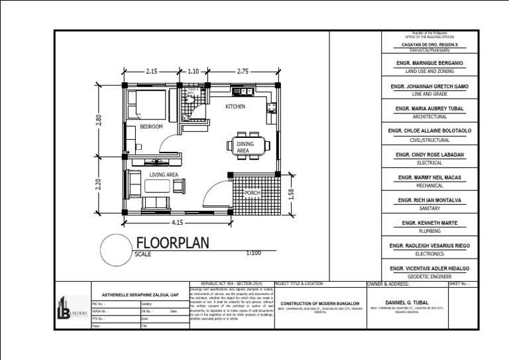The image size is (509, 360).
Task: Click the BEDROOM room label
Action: [x=151, y=126]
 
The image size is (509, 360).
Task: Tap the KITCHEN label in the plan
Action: [x=235, y=106]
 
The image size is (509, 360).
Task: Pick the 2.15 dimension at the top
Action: [x=151, y=70]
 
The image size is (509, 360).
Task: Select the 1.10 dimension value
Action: [x=194, y=70]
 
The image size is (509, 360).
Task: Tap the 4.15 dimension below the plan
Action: [x=177, y=223]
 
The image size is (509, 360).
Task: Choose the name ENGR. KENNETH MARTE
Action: [x=429, y=223]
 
